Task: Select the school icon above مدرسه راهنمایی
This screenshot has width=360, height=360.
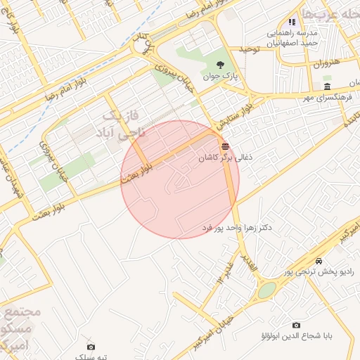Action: coord(292,22)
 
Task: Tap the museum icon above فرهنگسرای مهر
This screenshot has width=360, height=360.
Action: coord(326,86)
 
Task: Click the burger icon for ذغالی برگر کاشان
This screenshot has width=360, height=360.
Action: coord(224,146)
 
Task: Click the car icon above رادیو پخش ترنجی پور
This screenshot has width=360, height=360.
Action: coord(320,259)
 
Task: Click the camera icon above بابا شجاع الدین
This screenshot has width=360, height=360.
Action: coord(295,325)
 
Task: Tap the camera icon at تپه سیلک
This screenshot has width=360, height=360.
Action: coord(91,347)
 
